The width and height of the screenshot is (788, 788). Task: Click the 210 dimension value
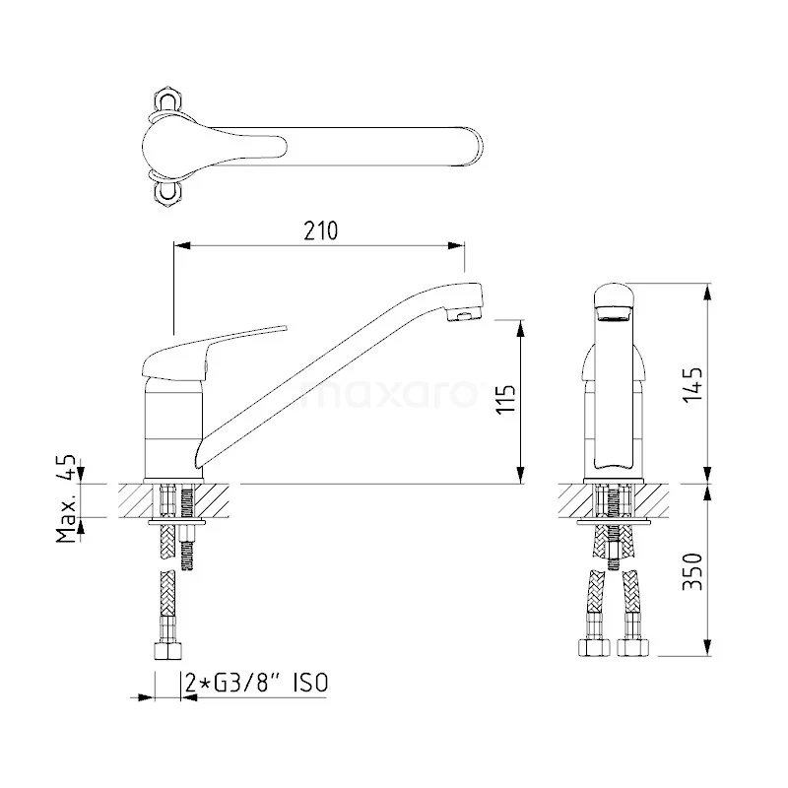(321, 230)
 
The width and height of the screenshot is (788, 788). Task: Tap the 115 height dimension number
(506, 400)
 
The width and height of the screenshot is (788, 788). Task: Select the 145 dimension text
(692, 384)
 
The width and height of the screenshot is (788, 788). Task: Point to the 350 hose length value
(692, 571)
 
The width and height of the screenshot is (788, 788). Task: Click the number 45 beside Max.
(66, 467)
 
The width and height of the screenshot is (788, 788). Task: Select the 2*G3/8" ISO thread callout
(257, 683)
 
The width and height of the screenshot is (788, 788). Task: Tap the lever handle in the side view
(214, 352)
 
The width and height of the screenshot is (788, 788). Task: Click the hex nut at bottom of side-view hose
(166, 652)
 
